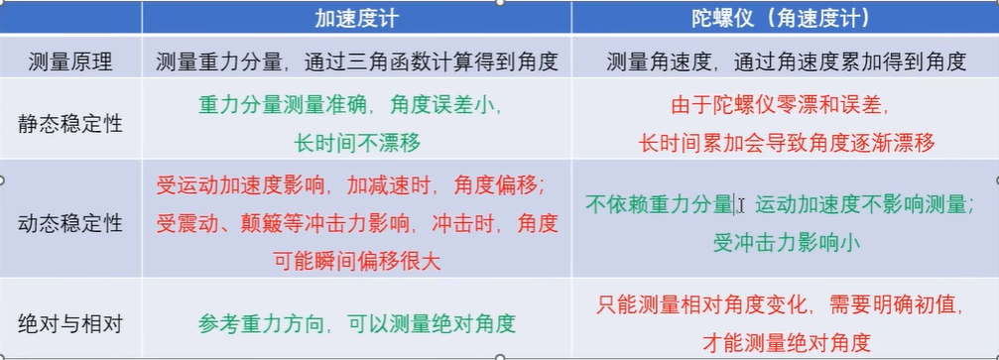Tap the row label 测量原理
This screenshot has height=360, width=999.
pyautogui.click(x=71, y=62)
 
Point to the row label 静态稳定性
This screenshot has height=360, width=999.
pyautogui.click(x=71, y=123)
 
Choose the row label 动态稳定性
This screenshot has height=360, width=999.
pyautogui.click(x=71, y=223)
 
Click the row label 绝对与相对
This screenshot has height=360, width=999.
pyautogui.click(x=71, y=323)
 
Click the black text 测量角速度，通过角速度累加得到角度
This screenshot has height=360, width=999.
pyautogui.click(x=786, y=62)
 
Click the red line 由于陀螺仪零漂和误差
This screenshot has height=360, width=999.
pyautogui.click(x=786, y=104)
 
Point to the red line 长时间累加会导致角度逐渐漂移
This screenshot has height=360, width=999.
pyautogui.click(x=786, y=143)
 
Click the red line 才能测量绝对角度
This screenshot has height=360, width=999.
pyautogui.click(x=786, y=342)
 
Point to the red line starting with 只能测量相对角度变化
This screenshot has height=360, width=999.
pyautogui.click(x=786, y=304)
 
